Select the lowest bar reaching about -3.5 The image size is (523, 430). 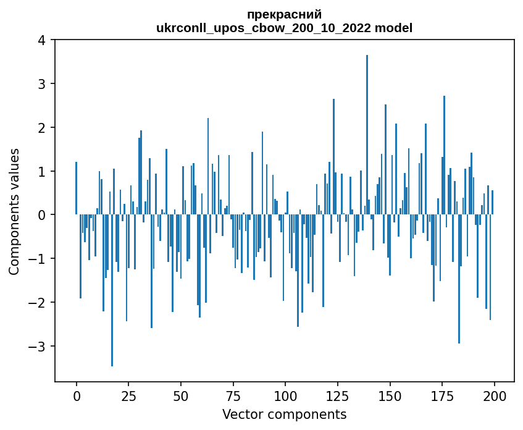click(x=112, y=290)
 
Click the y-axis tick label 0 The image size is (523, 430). click(x=43, y=215)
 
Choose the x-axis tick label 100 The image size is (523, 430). click(x=285, y=396)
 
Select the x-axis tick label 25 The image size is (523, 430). click(x=128, y=396)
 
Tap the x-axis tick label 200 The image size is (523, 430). click(x=494, y=396)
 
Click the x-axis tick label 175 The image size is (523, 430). click(x=442, y=396)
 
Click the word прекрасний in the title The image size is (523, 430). click(x=284, y=15)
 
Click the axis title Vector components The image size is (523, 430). click(x=284, y=414)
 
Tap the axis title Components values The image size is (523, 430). click(x=15, y=211)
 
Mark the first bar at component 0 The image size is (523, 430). click(x=76, y=188)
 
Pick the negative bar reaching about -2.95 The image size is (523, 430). click(x=459, y=279)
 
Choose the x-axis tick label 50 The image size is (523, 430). click(x=181, y=396)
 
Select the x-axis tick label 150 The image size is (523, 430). click(x=390, y=396)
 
